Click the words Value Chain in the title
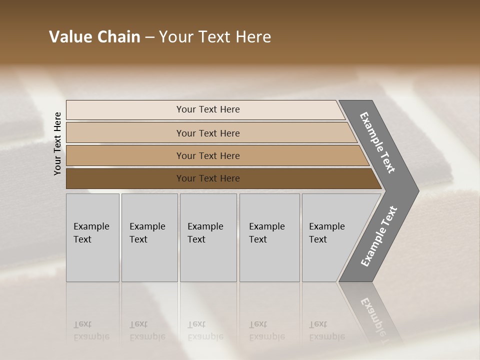coord(94,37)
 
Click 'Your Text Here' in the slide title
coord(215,37)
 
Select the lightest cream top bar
coord(125,110)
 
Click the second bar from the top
coord(125,133)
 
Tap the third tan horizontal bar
coord(125,155)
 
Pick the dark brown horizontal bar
coord(125,178)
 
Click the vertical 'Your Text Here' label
coord(57,143)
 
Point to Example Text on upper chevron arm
coord(377,142)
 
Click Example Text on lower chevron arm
coord(379,236)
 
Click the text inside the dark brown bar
coord(208,178)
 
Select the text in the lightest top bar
coord(208,109)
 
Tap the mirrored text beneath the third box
coord(205,331)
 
